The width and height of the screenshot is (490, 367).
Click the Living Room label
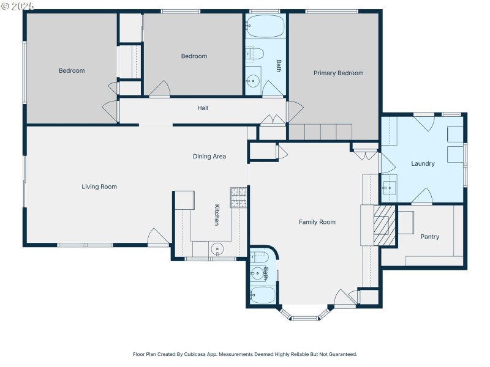pyautogui.click(x=99, y=187)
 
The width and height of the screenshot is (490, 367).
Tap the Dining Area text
pyautogui.click(x=209, y=157)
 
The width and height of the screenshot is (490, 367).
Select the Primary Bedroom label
pyautogui.click(x=338, y=73)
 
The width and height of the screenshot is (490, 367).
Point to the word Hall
pyautogui.click(x=203, y=108)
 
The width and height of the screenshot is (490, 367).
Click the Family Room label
pyautogui.click(x=317, y=222)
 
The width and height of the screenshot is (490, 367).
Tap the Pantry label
pyautogui.click(x=429, y=237)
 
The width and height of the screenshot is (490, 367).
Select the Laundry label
pyautogui.click(x=423, y=163)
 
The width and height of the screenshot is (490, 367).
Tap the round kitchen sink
pyautogui.click(x=217, y=249)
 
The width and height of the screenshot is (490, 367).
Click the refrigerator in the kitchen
pyautogui.click(x=183, y=200)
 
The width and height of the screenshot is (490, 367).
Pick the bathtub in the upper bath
pyautogui.click(x=265, y=26)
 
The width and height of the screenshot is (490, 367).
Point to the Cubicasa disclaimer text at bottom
pyautogui.click(x=245, y=354)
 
